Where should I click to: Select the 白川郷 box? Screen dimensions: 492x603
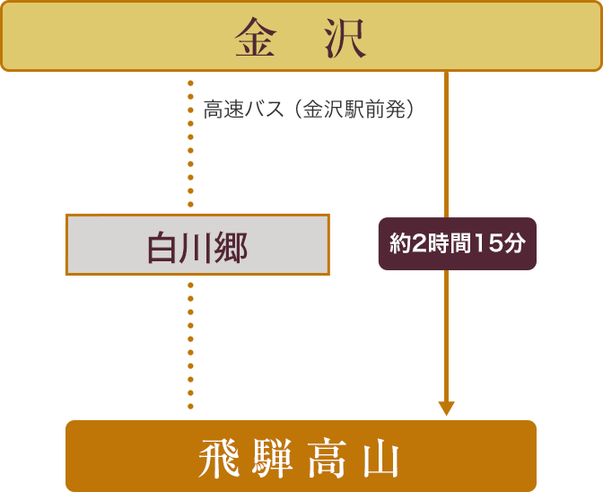(x=197, y=244)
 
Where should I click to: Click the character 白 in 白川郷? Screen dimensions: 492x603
(x=162, y=245)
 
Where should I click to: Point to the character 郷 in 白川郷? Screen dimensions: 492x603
(x=231, y=245)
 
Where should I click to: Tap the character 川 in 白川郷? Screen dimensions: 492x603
(x=196, y=245)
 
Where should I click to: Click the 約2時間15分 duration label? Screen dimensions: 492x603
(x=457, y=243)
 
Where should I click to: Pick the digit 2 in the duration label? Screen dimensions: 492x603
(x=416, y=243)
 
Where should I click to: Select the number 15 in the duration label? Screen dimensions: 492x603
(x=490, y=243)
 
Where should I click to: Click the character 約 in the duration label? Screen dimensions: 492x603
(x=398, y=243)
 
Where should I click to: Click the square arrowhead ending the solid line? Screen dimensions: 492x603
(x=446, y=409)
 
